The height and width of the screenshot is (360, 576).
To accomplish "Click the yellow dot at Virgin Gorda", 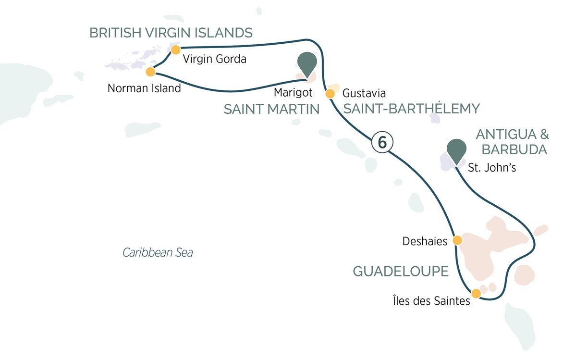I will pyautogui.click(x=176, y=50).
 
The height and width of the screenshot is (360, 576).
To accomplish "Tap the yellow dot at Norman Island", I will pyautogui.click(x=150, y=72).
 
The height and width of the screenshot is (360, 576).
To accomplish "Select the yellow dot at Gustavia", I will pyautogui.click(x=330, y=93).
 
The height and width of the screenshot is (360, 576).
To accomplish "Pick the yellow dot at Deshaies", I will pyautogui.click(x=457, y=240).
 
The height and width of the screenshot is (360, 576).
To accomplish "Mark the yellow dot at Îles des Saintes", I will pyautogui.click(x=476, y=293).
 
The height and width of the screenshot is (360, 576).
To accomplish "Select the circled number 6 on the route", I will pyautogui.click(x=382, y=142).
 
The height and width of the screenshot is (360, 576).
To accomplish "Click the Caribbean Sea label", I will pyautogui.click(x=158, y=252).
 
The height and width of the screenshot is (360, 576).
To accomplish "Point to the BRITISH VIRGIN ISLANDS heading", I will pyautogui.click(x=171, y=33).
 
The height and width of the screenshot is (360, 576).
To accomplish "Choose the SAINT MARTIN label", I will pyautogui.click(x=271, y=110).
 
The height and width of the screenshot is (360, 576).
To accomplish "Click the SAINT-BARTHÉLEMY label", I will pyautogui.click(x=411, y=109).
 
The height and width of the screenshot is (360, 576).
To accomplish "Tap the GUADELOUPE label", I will pyautogui.click(x=401, y=272).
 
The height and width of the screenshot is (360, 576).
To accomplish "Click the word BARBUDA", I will pyautogui.click(x=514, y=149).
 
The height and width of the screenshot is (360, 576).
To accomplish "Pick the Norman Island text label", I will pyautogui.click(x=144, y=88).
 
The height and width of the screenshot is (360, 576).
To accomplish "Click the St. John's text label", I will pyautogui.click(x=492, y=168).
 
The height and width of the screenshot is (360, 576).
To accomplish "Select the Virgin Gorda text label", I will pyautogui.click(x=215, y=60).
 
